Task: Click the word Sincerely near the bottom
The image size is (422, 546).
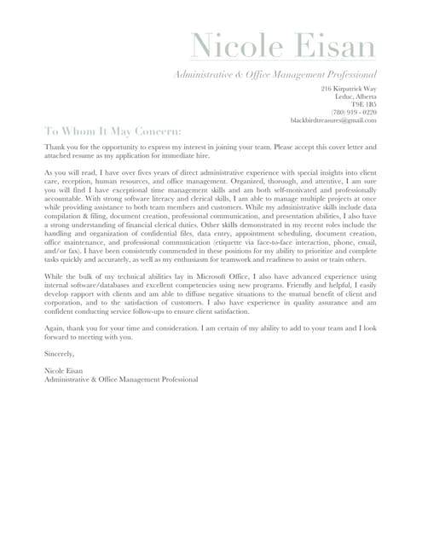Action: (x=60, y=352)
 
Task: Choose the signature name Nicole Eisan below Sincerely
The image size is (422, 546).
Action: (x=64, y=370)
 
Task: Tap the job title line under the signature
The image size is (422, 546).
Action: (x=121, y=379)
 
